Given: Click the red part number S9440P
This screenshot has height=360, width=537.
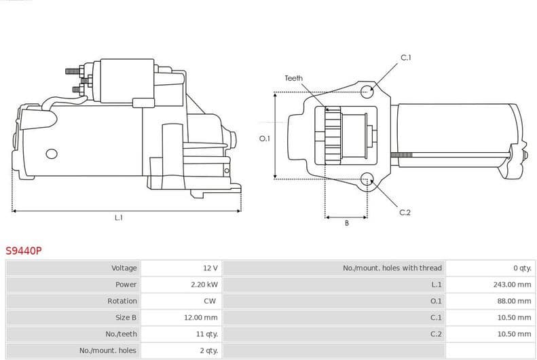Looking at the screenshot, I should coord(24,251).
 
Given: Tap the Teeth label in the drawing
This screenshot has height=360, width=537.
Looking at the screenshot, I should coord(293,79).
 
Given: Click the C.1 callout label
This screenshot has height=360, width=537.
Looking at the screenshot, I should coord(405,58).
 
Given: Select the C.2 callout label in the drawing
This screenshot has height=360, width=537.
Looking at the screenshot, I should coord(405,213).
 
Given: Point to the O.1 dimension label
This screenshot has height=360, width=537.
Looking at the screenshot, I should coord(265,139).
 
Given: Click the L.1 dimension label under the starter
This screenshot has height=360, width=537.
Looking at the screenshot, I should coord(119,218).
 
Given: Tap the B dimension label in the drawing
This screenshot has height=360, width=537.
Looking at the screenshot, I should coord(346,223).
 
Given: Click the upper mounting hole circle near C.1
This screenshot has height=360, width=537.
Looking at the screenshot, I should coord(367,90).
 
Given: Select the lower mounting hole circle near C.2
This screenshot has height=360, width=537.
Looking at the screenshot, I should coord(367,179).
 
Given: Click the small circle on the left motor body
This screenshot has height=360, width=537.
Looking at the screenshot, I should coord(51,154).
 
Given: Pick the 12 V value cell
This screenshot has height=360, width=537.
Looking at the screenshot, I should coord(210,268).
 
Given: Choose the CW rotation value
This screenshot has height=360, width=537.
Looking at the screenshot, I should coord(210,301).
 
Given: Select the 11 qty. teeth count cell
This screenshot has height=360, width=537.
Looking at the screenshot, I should coord(206,334).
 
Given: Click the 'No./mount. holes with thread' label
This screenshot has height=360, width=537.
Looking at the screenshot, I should coord(392,268).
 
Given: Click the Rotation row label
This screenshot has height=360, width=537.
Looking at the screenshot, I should coord(122,301).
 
